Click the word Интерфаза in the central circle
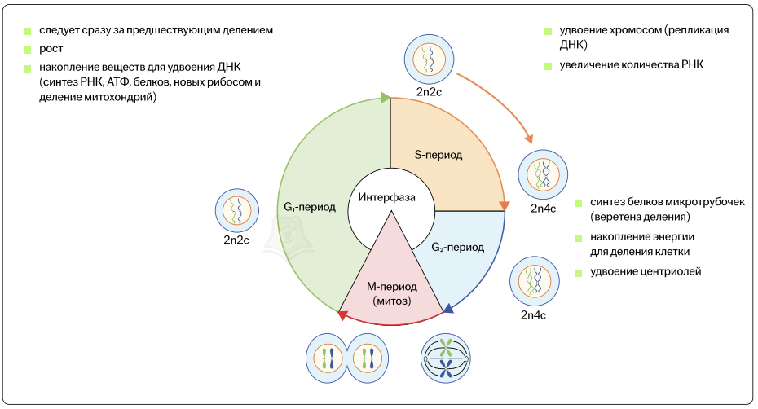pyautogui.click(x=387, y=197)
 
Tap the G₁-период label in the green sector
pyautogui.click(x=309, y=207)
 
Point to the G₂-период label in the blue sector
pyautogui.click(x=457, y=246)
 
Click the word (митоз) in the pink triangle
pyautogui.click(x=391, y=301)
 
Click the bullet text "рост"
pyautogui.click(x=51, y=49)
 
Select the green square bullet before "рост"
pyautogui.click(x=27, y=49)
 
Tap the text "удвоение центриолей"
pyautogui.click(x=646, y=271)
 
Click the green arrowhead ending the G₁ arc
pyautogui.click(x=386, y=99)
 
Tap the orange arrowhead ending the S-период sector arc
pyautogui.click(x=504, y=205)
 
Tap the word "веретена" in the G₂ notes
pyautogui.click(x=618, y=218)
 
